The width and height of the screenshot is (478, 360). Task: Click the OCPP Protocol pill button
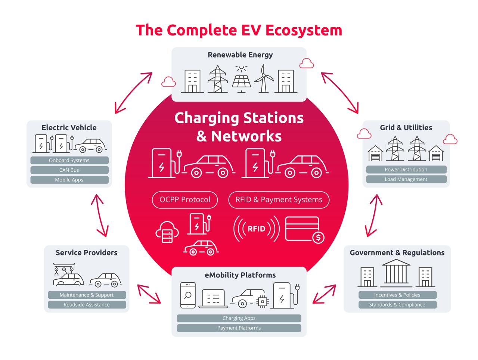tap(185, 200)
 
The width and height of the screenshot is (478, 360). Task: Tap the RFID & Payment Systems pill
tap(279, 200)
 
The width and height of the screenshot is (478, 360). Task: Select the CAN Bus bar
tap(69, 170)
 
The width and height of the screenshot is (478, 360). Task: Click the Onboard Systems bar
tap(69, 160)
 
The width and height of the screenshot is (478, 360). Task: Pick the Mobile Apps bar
tap(69, 180)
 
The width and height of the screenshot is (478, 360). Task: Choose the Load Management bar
tap(406, 179)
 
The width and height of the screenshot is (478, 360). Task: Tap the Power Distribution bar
tap(406, 170)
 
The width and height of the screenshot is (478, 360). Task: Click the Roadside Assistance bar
tap(87, 305)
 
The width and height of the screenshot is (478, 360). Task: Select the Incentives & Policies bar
tap(397, 295)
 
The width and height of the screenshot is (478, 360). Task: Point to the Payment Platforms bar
tap(239, 328)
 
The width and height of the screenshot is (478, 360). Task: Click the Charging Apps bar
tap(239, 318)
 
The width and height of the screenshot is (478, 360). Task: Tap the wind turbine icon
tap(264, 78)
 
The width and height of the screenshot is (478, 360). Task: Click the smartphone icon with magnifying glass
tap(188, 295)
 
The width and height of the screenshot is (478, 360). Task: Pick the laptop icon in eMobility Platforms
tap(213, 298)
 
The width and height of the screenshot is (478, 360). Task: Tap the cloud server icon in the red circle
tap(167, 232)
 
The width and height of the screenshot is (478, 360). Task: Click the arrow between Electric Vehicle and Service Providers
tap(100, 215)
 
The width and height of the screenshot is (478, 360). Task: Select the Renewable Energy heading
tap(240, 55)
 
